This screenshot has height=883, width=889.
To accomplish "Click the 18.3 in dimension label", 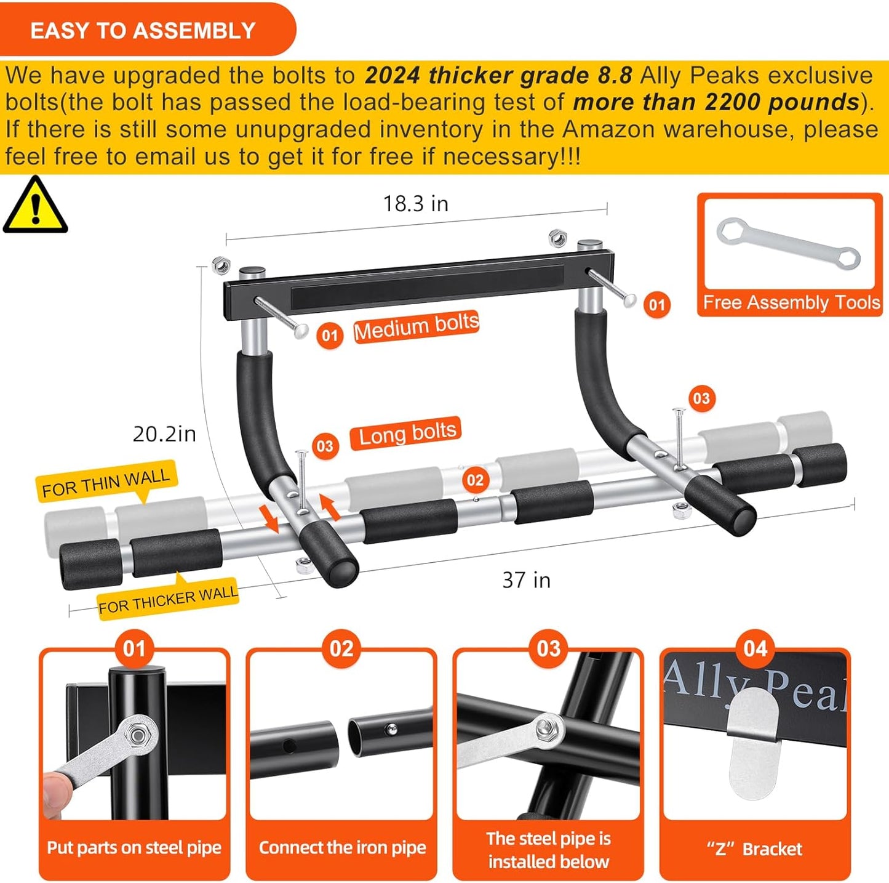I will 415,204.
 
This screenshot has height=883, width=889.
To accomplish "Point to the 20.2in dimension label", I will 164,434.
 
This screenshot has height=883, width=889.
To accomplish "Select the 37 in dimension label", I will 526,580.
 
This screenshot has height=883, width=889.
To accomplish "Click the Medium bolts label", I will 416,326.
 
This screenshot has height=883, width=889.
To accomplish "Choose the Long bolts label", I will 406,433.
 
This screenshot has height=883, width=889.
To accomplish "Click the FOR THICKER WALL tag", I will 168,600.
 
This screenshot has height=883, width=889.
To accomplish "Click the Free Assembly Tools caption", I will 791,302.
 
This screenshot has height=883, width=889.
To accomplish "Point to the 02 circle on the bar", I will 475,480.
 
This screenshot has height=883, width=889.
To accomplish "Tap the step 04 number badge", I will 755,649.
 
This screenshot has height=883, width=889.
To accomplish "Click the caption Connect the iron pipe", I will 342,847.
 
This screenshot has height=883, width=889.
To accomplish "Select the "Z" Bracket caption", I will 754,849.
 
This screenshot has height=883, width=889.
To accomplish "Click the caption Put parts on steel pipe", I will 134,847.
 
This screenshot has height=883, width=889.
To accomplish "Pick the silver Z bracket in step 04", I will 753,742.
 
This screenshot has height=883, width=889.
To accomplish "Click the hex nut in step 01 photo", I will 138,734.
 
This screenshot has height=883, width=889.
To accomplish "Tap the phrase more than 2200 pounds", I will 716,102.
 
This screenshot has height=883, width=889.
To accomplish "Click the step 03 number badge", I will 548,649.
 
